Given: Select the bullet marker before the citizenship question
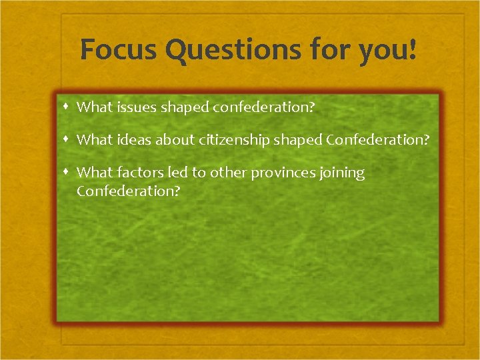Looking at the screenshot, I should tap(67, 139).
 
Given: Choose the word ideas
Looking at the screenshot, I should tap(132, 139).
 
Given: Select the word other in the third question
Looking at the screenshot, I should tap(228, 173).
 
